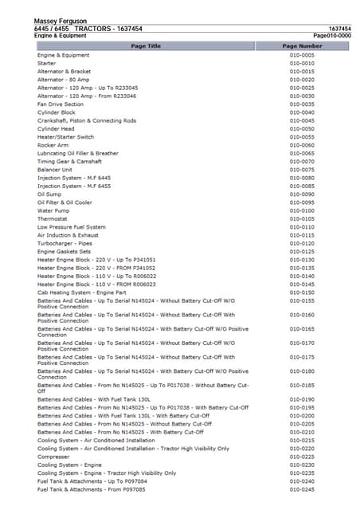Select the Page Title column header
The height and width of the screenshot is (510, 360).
(x=145, y=46)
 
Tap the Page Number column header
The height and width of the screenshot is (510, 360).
(x=302, y=46)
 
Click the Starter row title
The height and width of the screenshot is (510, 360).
(x=46, y=63)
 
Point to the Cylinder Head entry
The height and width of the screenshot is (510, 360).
(x=56, y=129)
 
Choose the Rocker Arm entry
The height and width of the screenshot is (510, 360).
(x=53, y=145)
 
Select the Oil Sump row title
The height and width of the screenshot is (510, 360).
(x=49, y=194)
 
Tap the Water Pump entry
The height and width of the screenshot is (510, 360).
(x=53, y=210)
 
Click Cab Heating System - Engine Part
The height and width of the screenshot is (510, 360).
(x=88, y=292)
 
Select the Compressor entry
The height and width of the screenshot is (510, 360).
(x=53, y=457)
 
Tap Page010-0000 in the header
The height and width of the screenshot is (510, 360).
(x=332, y=36)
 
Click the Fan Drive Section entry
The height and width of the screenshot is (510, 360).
(x=61, y=104)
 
